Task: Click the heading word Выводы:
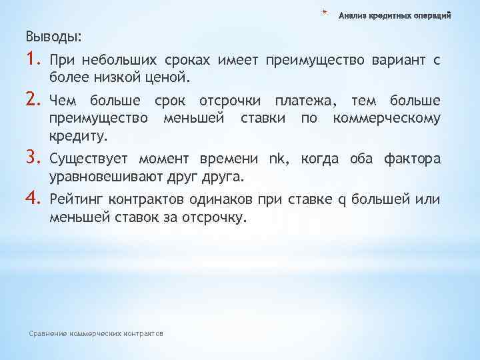(53, 35)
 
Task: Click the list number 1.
(33, 61)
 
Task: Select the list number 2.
(34, 101)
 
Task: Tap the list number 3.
(34, 158)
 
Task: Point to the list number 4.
(34, 198)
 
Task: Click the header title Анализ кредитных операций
(395, 15)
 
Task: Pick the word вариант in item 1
(399, 62)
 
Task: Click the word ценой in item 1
(171, 79)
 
